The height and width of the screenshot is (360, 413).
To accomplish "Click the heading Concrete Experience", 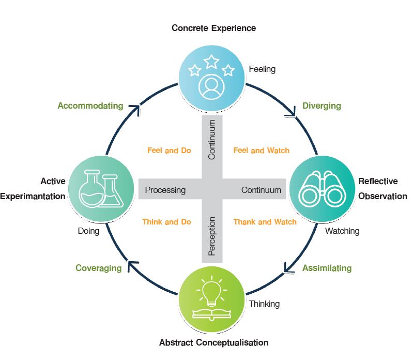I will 213,27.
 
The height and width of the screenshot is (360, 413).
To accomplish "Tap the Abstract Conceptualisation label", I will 213,342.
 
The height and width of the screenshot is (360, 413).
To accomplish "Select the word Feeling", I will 262,69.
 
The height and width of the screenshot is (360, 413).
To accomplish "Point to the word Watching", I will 342,231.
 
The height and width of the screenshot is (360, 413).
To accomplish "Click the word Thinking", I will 264,304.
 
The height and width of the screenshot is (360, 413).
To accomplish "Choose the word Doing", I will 88,231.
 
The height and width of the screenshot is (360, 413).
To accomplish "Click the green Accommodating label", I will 90,106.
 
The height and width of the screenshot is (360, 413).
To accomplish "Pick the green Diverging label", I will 322,106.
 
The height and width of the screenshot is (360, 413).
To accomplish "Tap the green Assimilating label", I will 327,268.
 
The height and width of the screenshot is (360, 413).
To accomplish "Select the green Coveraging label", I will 98,268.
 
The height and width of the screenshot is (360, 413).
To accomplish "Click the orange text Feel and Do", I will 169,151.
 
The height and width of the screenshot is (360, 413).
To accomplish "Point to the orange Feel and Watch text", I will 261,151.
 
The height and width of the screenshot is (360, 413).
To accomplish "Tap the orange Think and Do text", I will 166,221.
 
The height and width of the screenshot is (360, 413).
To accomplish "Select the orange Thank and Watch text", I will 265,221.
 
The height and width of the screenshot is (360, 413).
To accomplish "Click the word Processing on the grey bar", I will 165,190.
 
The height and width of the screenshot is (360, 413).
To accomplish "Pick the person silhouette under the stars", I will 211,86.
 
